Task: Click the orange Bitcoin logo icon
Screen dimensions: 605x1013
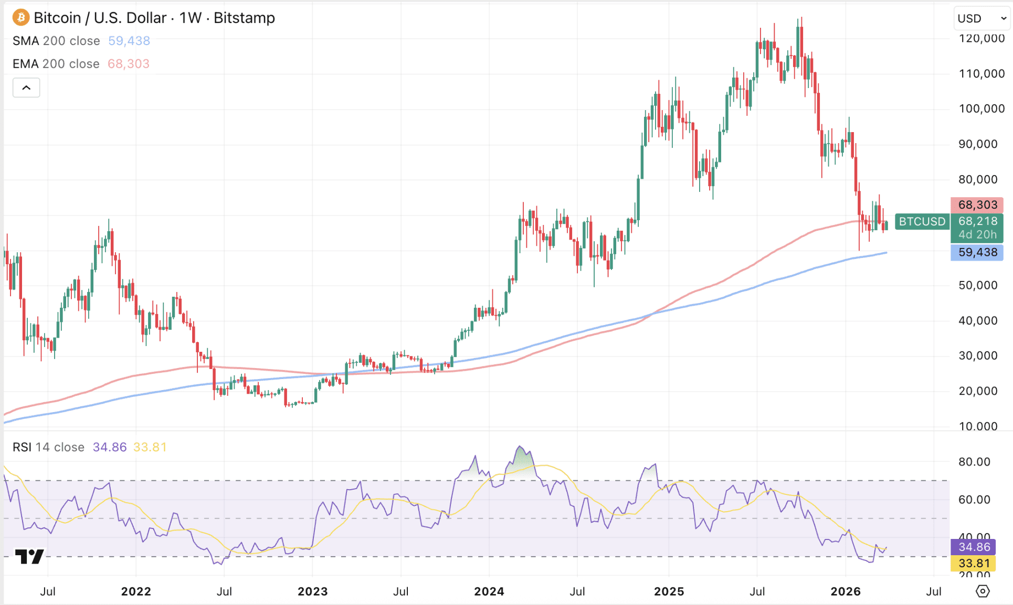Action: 20,18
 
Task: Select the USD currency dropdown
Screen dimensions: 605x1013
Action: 981,18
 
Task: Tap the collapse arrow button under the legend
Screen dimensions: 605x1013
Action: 26,88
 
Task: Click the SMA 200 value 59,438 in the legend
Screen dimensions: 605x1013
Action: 129,41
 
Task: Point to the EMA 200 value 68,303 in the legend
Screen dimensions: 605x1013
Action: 129,64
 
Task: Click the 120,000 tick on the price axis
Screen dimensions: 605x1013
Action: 981,38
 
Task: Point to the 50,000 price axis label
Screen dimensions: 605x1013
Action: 978,285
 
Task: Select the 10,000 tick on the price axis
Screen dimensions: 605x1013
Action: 978,426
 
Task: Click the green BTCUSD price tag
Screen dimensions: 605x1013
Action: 922,222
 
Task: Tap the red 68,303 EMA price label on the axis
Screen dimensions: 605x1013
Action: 977,205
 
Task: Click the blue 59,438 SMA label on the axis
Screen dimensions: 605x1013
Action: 977,252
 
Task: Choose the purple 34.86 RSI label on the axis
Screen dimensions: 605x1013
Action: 974,547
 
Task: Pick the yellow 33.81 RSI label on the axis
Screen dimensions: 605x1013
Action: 974,564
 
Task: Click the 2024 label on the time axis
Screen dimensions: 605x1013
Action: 489,591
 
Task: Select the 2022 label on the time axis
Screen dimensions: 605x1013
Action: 136,591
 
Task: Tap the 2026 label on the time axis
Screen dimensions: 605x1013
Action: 846,591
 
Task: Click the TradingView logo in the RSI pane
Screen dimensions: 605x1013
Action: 29,556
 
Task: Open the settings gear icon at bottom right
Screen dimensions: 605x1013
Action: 983,591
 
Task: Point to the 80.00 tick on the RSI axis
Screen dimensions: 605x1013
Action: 974,462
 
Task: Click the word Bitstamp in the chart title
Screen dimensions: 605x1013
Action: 244,18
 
